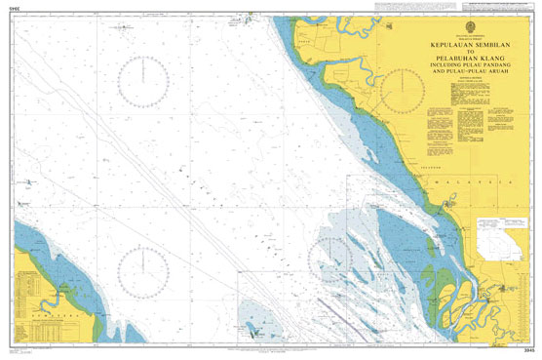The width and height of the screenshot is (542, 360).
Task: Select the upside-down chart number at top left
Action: pos(14,12)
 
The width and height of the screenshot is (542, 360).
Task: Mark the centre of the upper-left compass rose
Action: pos(145,80)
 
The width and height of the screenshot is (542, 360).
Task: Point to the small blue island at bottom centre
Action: pos(257,334)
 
